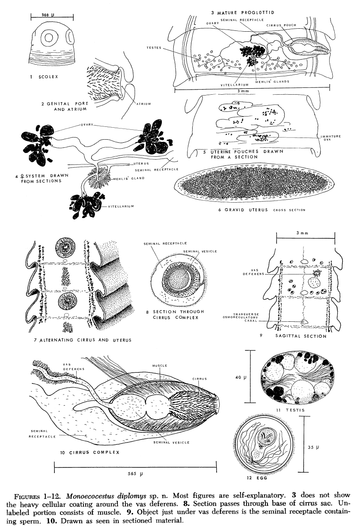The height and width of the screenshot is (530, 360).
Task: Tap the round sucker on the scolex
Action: [x=48, y=38]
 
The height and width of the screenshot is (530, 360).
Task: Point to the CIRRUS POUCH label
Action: [x=281, y=25]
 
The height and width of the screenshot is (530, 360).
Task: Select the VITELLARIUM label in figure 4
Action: [x=121, y=207]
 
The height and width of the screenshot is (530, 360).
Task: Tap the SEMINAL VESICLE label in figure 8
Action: [x=201, y=252]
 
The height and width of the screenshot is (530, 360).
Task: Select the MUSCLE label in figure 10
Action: [x=159, y=365]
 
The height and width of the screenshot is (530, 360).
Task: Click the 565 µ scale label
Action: [x=135, y=474]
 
